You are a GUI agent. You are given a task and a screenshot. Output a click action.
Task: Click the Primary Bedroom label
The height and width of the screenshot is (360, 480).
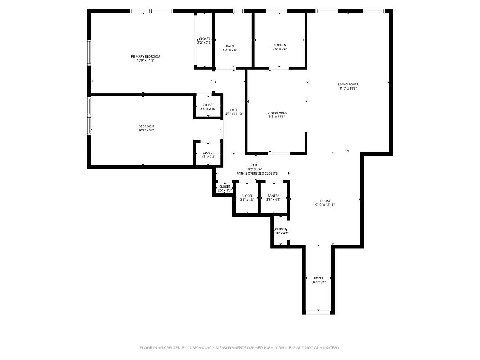(145, 57)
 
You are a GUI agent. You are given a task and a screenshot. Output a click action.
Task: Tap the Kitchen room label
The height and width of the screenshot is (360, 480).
(280, 45)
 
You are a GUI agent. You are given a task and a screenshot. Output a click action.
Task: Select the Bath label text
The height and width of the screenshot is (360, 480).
(230, 46)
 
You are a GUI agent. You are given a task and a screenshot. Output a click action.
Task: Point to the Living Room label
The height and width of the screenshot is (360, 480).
(348, 85)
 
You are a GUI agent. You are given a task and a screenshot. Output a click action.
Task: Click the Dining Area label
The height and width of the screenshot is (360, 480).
(277, 112)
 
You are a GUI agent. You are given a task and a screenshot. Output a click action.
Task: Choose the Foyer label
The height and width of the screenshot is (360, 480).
(319, 278)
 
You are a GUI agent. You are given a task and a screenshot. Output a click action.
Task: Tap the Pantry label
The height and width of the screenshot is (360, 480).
(273, 196)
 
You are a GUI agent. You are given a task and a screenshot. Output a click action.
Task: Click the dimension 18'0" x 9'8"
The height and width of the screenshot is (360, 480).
(146, 130)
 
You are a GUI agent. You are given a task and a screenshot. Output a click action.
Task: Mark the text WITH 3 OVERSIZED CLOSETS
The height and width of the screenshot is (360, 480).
(257, 173)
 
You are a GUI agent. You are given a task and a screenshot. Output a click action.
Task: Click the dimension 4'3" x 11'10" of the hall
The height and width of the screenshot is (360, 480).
(234, 114)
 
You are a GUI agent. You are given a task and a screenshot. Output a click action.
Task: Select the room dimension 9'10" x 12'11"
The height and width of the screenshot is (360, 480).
(325, 205)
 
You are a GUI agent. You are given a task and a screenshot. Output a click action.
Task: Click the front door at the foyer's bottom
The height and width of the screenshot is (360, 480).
(318, 311)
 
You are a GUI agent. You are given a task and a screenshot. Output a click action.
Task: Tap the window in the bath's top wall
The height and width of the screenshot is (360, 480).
(238, 11)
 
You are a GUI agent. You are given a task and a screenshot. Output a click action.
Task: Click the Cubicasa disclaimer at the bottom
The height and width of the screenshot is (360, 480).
(240, 348)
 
